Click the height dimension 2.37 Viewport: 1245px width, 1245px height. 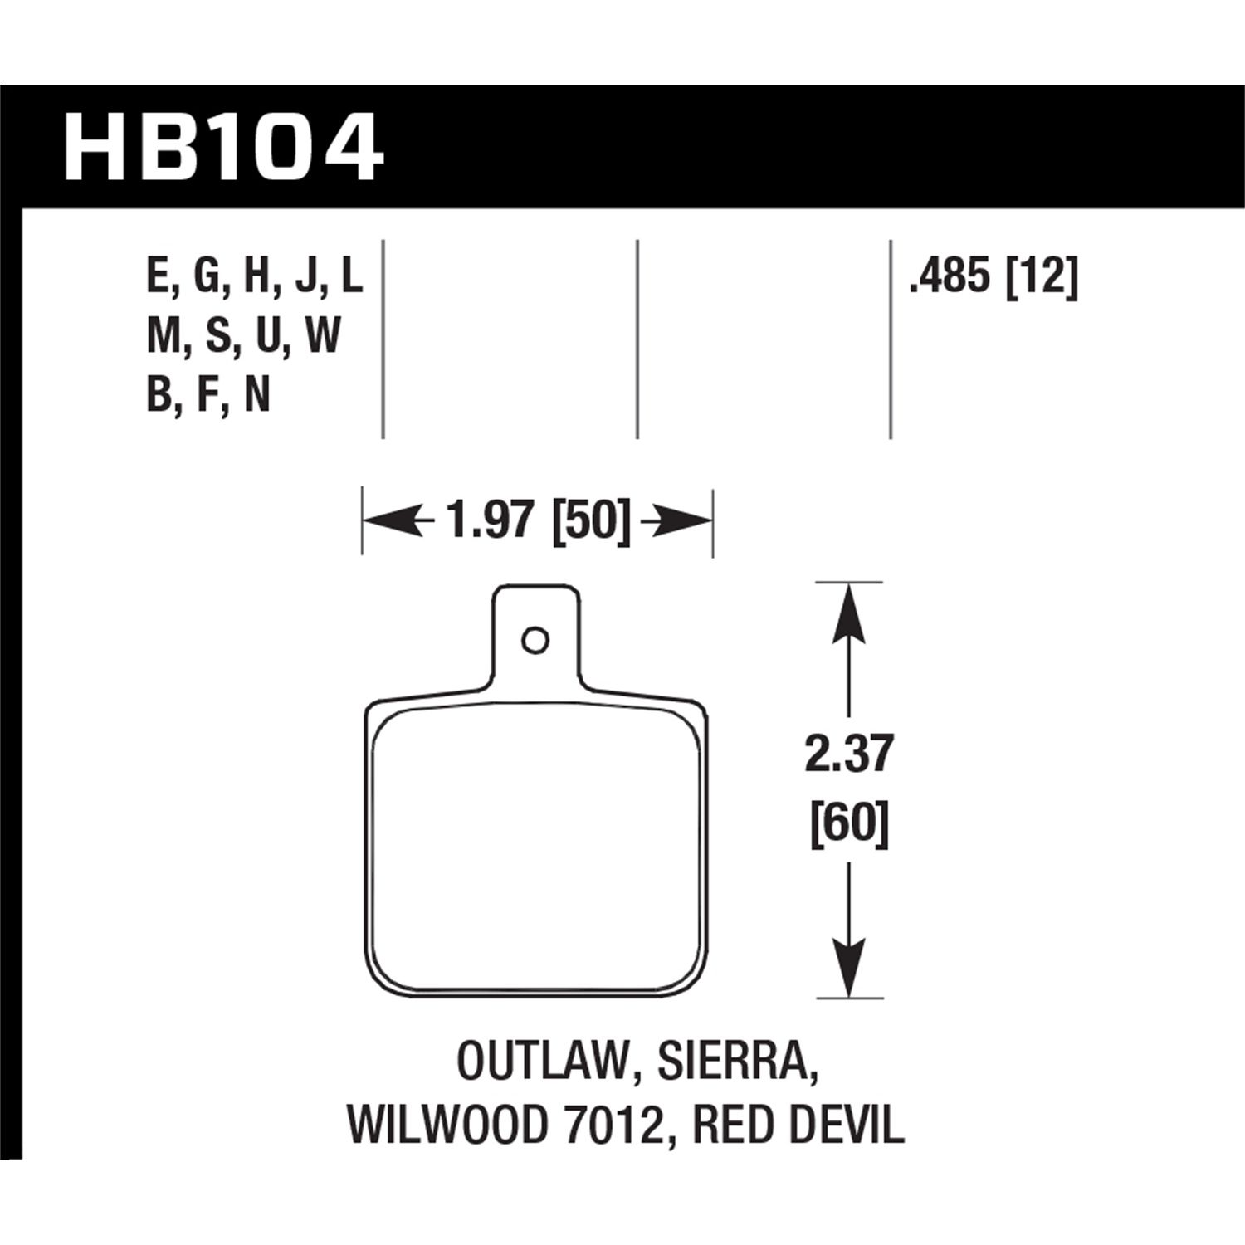coord(848,754)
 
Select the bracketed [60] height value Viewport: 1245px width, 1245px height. coord(848,824)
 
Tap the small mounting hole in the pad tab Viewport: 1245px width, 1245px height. coord(535,640)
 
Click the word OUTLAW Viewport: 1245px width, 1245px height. coord(541,1062)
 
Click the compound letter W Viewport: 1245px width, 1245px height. coord(323,336)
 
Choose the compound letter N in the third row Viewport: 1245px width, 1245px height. coord(257,395)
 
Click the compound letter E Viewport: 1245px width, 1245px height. coord(159,276)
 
